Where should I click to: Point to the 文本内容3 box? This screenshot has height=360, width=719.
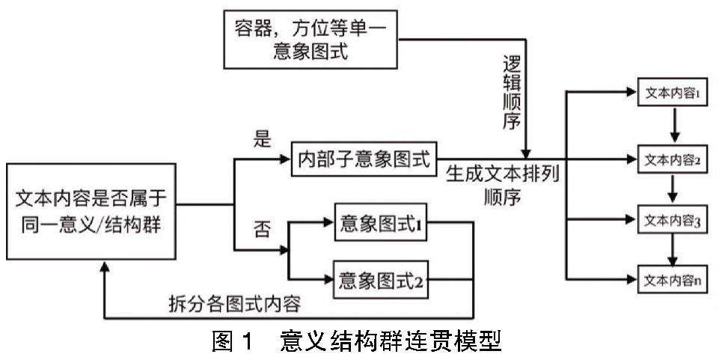[x=671, y=222]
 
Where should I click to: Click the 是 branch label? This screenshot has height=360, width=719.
[x=261, y=140]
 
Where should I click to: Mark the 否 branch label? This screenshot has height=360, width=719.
[x=261, y=226]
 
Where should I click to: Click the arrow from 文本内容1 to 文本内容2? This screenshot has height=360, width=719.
[x=676, y=126]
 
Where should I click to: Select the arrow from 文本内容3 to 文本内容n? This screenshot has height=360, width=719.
[x=676, y=249]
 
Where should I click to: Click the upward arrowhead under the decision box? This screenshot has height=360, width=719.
[x=105, y=272]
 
